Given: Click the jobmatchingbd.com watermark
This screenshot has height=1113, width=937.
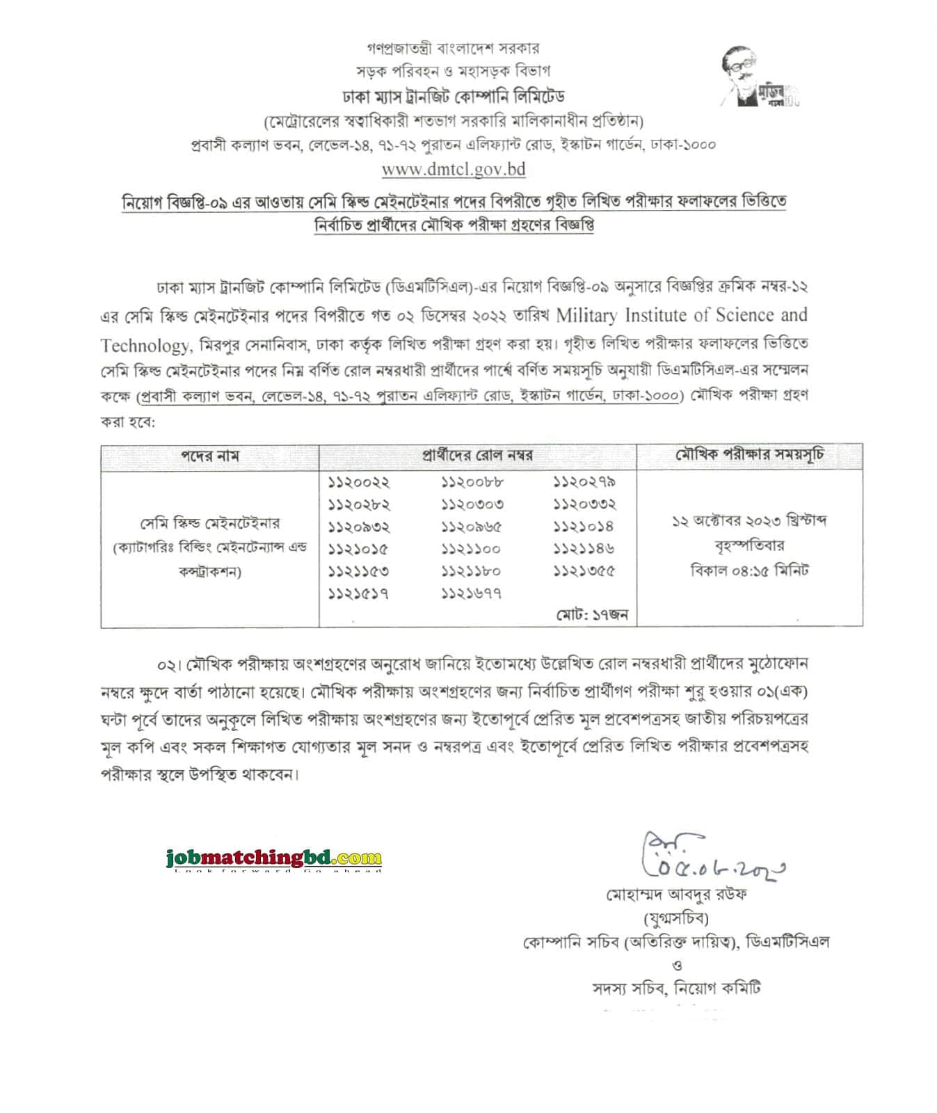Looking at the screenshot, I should click(274, 858).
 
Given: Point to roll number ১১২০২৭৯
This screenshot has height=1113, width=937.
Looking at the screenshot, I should click(585, 482).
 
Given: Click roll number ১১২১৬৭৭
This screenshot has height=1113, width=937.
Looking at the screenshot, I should click(472, 593).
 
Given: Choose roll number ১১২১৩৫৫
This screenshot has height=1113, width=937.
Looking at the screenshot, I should click(585, 571).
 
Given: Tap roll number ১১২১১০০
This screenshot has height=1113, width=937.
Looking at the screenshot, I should click(472, 549).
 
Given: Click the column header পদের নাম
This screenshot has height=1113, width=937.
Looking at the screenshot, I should click(210, 456).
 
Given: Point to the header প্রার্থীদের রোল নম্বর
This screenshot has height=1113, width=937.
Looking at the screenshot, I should click(477, 456).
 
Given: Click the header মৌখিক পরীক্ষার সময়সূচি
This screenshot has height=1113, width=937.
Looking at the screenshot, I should click(750, 456).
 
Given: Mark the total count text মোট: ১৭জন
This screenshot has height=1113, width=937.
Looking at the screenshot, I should click(592, 614).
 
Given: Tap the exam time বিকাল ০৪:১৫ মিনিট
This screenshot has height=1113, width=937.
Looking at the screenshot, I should click(749, 570).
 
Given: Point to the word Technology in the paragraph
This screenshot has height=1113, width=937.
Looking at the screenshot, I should click(144, 346).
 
